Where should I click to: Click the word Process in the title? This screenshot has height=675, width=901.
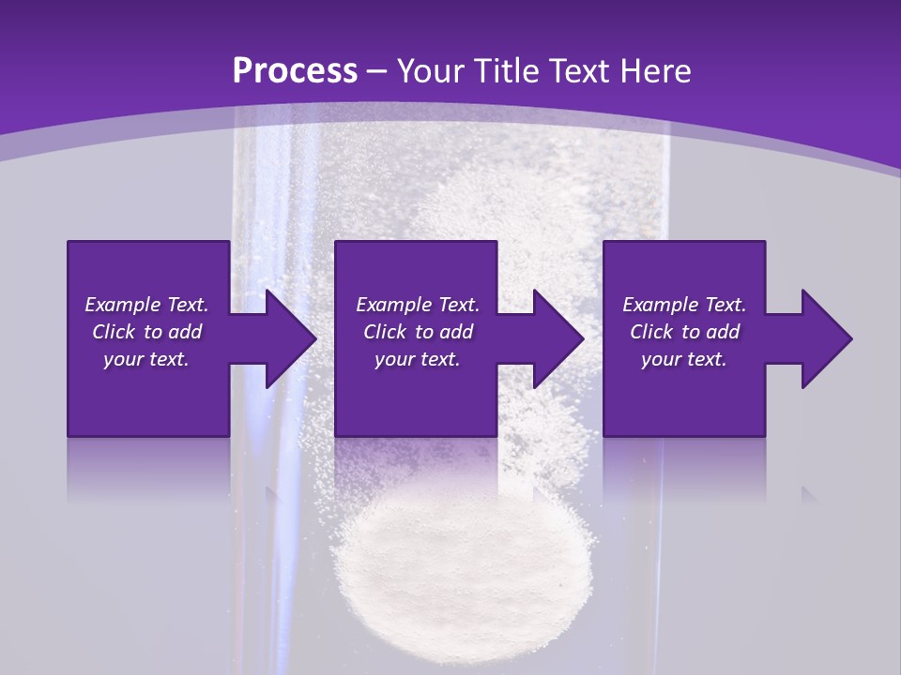coord(295,71)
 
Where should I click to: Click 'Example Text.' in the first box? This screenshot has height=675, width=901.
coord(146,305)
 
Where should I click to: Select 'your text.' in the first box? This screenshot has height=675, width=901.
coord(146,359)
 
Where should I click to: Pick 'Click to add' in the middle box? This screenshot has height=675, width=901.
coord(418,332)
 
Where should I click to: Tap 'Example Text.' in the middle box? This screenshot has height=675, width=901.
coord(418,305)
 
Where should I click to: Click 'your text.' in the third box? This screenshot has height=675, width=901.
coord(684,359)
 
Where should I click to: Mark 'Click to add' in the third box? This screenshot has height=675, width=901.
coord(684,332)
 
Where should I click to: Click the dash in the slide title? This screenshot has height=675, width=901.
coord(377,72)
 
